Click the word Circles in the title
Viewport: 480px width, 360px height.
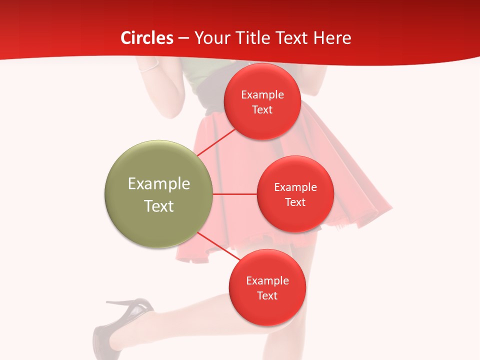pos(147,38)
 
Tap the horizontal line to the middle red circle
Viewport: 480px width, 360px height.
pos(235,194)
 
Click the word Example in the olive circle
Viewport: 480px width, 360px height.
pos(159,184)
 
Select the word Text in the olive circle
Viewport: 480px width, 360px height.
pos(159,206)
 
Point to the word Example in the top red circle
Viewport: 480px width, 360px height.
pos(262,95)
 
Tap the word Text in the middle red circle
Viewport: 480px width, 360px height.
pos(295,202)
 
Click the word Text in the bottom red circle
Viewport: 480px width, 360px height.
pos(267,295)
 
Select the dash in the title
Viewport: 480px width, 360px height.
pos(183,38)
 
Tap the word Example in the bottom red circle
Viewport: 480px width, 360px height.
pos(267,280)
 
